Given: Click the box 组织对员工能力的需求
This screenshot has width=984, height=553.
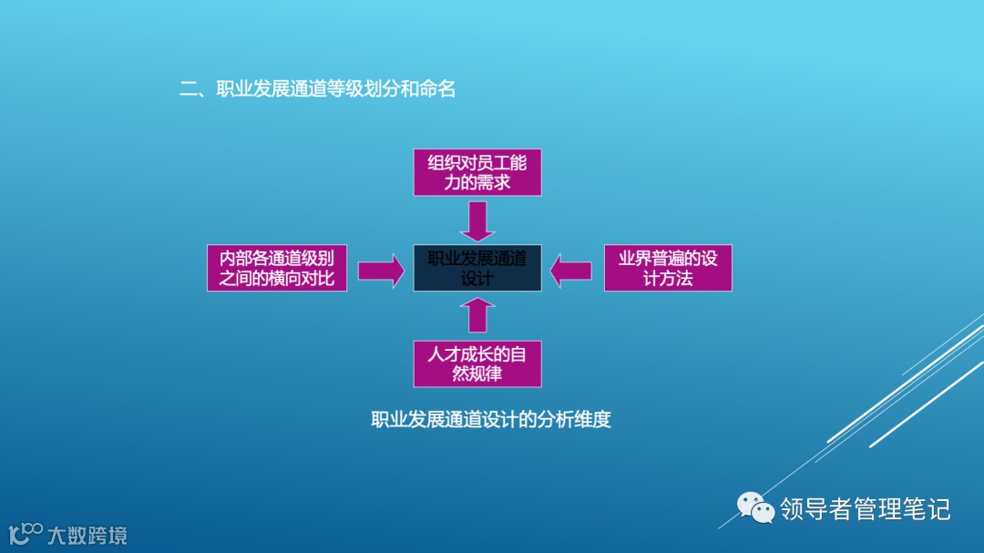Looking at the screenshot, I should pos(477,173).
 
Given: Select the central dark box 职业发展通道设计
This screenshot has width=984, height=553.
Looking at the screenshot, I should pos(477,268).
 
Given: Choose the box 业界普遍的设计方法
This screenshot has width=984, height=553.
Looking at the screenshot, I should pos(668,268).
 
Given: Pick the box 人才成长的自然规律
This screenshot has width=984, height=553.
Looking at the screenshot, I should pos(477,364).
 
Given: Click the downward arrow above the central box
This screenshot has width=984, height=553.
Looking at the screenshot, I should pos(477,220).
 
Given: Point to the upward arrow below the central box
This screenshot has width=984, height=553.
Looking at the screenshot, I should pos(477,315).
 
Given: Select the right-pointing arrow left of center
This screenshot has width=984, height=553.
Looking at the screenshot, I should pos(381,270).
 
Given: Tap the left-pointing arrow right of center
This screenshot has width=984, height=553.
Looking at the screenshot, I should pos(572,270).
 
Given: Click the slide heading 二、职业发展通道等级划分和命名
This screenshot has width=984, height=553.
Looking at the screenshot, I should pos(317,89).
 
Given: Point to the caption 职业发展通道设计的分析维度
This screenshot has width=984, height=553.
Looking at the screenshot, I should pos(490,420).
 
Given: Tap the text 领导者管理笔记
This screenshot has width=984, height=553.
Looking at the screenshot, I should pos(865,508).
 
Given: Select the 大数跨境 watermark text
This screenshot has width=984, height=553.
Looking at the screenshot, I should pos(87,535).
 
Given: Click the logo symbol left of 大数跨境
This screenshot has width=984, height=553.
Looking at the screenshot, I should pos(26,533).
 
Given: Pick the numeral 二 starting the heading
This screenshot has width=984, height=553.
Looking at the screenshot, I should pos(189,89).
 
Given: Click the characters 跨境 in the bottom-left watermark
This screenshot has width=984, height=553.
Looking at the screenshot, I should pos(108,535).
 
